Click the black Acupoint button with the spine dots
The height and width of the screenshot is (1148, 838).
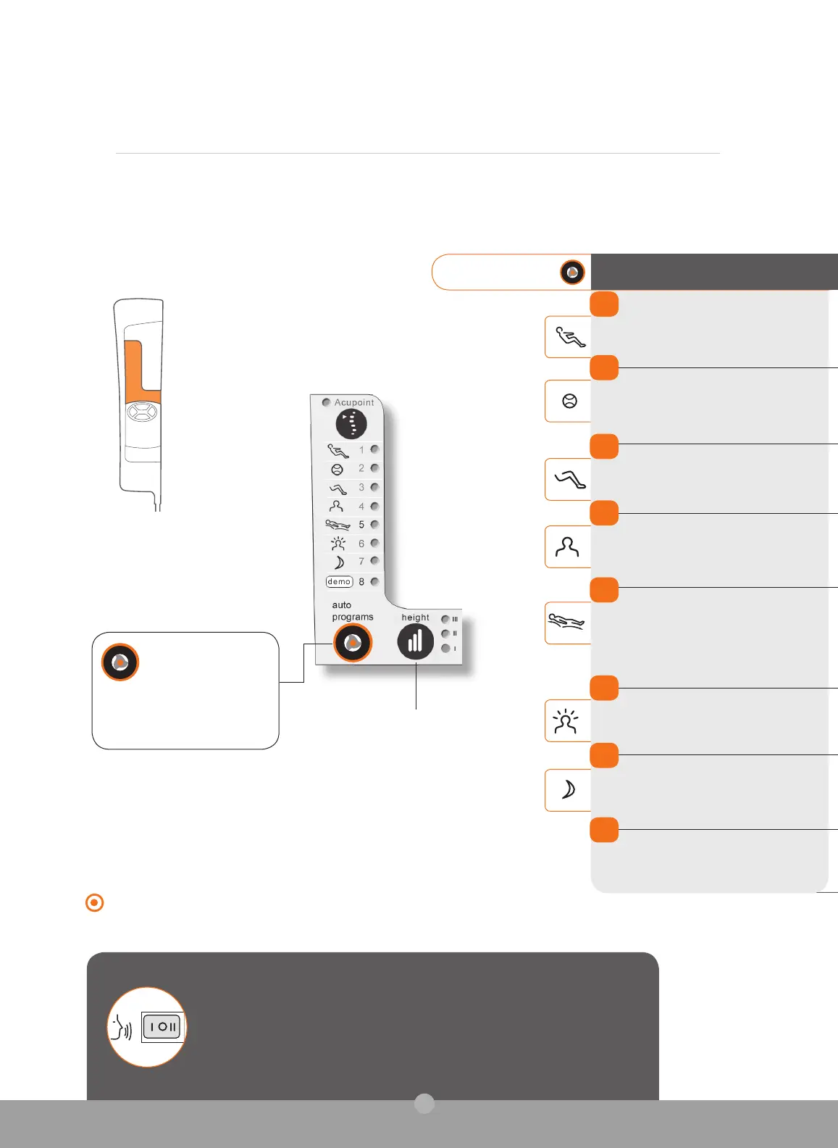pos(351,424)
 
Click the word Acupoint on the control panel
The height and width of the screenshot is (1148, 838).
pos(354,402)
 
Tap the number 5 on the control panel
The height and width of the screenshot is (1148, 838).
pos(361,525)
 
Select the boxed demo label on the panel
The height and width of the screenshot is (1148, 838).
pos(339,581)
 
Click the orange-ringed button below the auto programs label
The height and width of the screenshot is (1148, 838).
pos(353,643)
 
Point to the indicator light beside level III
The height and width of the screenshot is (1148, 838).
pos(445,619)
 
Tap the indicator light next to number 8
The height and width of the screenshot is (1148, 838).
pos(374,581)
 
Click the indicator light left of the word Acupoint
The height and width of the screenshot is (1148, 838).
pos(327,402)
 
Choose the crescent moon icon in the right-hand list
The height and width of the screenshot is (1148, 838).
pos(569,789)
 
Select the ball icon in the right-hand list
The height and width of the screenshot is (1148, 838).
pos(569,401)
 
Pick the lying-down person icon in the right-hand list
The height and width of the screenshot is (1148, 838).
pos(566,622)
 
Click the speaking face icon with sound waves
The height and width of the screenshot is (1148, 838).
pos(120,1027)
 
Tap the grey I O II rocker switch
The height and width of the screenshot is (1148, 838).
pos(162,1027)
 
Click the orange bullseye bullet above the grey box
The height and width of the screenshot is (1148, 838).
pos(95,903)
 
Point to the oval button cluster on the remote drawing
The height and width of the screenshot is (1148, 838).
pos(142,412)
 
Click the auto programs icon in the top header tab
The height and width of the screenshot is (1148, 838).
pos(572,273)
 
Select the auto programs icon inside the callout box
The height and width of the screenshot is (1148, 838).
pos(120,662)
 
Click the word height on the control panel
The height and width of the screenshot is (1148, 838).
pos(416,617)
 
